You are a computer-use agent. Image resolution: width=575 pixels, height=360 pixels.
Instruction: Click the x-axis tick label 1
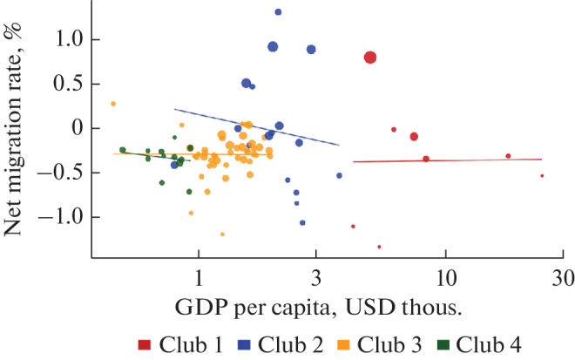tap(199, 278)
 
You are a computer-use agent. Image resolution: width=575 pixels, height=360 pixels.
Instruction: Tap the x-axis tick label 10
tap(445, 278)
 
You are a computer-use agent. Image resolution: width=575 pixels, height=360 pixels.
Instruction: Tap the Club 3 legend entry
tap(393, 343)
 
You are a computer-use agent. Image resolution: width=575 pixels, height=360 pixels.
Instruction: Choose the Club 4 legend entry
tap(492, 343)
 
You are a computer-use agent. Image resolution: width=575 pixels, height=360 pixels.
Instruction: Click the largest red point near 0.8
tap(370, 58)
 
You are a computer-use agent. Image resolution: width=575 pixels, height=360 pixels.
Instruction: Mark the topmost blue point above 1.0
tap(278, 12)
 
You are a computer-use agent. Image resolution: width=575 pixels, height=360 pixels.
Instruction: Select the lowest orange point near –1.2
tap(222, 234)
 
